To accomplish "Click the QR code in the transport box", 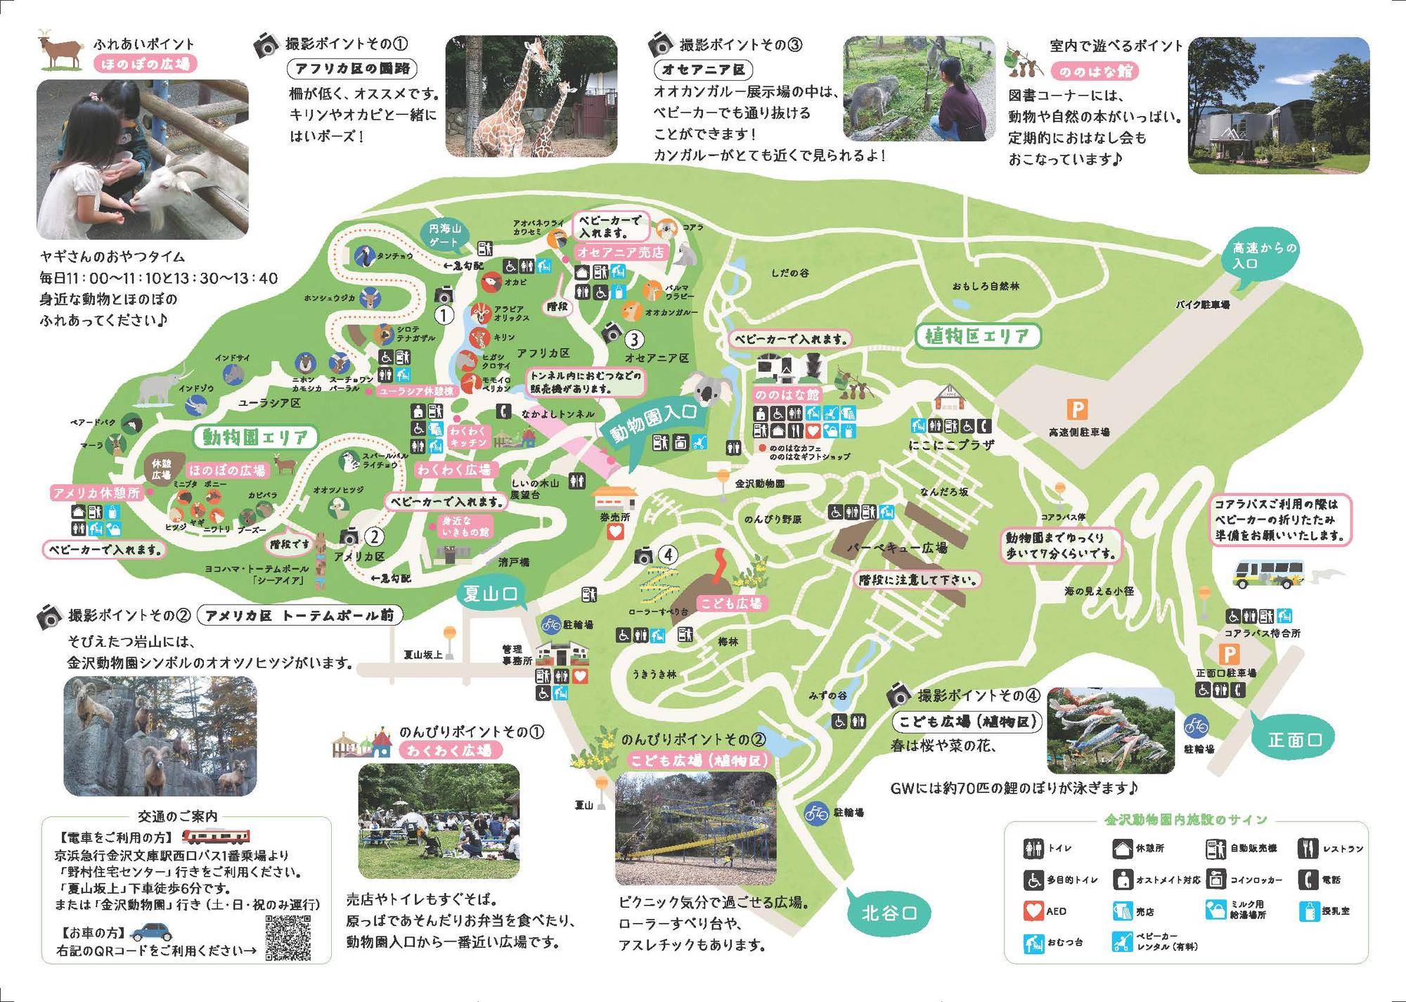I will pyautogui.click(x=288, y=938).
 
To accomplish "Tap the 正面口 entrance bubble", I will pyautogui.click(x=1295, y=740).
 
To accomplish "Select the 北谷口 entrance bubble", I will pyautogui.click(x=889, y=913).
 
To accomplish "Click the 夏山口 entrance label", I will pyautogui.click(x=490, y=594).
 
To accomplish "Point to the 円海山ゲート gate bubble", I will pyautogui.click(x=444, y=236).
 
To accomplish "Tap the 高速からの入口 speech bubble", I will pyautogui.click(x=1263, y=256).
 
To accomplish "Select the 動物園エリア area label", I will pyautogui.click(x=255, y=438).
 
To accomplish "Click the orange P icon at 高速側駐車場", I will pyautogui.click(x=1076, y=409).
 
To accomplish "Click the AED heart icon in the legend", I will pyautogui.click(x=1033, y=911).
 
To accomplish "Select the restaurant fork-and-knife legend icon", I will pyautogui.click(x=1308, y=849).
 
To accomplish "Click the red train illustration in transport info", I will pyautogui.click(x=217, y=836).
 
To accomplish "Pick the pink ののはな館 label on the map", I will pyautogui.click(x=787, y=394).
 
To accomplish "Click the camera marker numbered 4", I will pyautogui.click(x=643, y=556).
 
